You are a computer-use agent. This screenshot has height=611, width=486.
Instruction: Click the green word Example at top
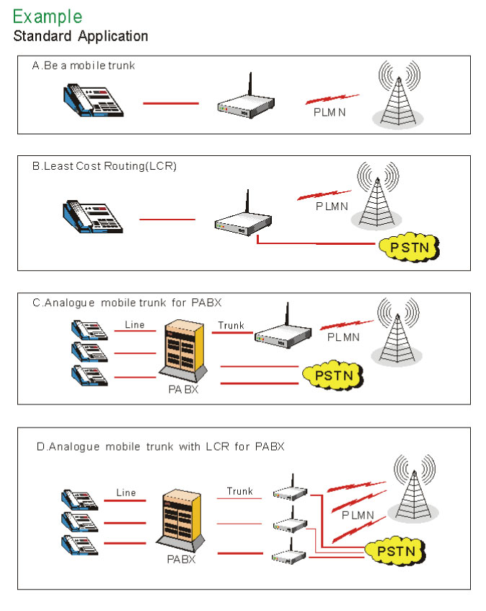tap(48, 16)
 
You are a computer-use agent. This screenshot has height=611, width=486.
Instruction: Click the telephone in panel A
tap(91, 101)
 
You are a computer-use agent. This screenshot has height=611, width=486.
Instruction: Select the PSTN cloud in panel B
tap(409, 248)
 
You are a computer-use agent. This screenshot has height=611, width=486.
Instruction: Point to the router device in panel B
tap(244, 224)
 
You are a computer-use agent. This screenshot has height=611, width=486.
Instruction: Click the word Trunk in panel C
tap(231, 325)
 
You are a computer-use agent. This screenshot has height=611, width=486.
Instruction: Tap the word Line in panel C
tap(135, 325)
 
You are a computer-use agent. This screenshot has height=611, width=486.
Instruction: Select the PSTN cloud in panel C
tap(331, 376)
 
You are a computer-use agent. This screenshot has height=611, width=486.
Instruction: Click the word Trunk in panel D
tap(240, 492)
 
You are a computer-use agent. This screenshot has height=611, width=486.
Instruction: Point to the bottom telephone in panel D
tap(79, 545)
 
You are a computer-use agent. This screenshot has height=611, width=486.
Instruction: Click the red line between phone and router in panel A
tap(170, 104)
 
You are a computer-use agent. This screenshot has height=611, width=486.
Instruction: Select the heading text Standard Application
tap(81, 35)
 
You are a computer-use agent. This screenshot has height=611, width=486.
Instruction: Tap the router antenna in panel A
tap(249, 85)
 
